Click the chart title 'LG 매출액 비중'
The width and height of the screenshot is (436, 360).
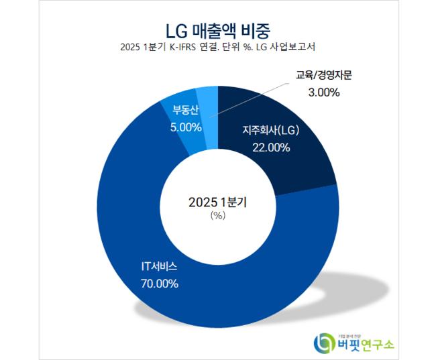(217, 29)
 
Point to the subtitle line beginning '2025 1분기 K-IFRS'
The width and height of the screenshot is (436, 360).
(217, 48)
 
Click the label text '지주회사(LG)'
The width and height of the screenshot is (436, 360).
(271, 131)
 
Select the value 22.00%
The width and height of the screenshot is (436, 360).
(271, 147)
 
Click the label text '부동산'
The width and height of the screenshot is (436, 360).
(185, 110)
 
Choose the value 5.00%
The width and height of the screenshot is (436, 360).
(186, 126)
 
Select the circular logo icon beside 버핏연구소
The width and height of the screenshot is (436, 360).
(324, 341)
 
